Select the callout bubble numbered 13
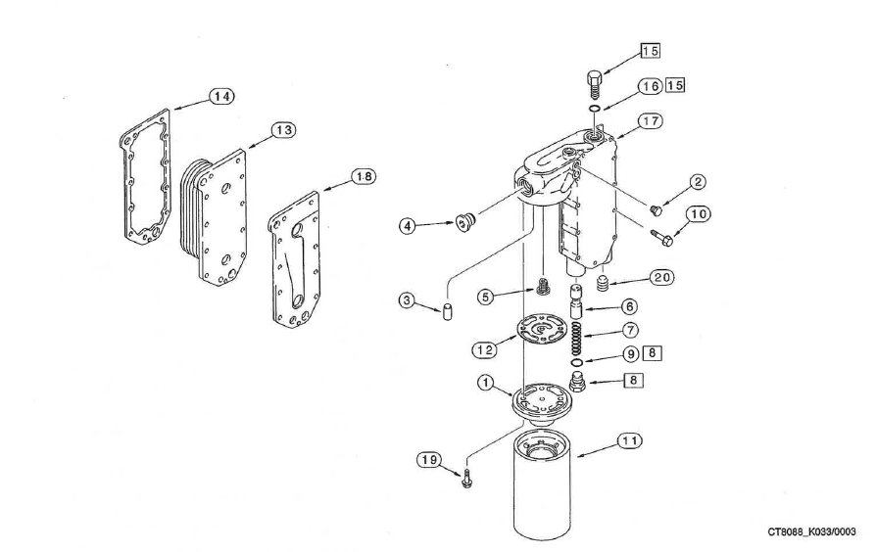tap(283, 129)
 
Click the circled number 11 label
tap(628, 442)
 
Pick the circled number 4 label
tap(410, 226)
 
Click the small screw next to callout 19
tap(465, 481)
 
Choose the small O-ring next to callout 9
tap(577, 363)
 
